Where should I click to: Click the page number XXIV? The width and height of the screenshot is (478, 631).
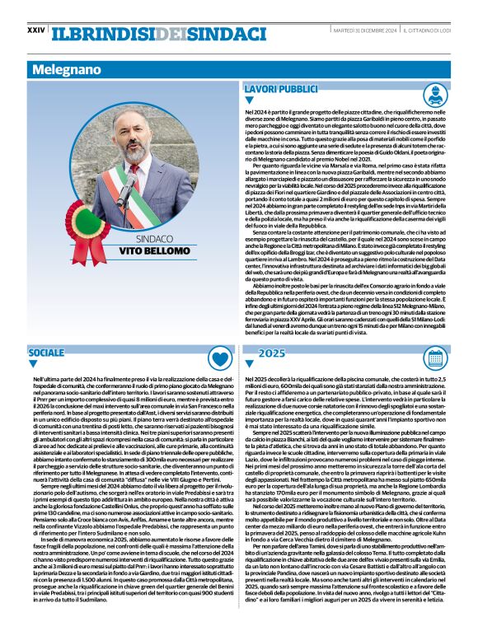pos(35,30)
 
